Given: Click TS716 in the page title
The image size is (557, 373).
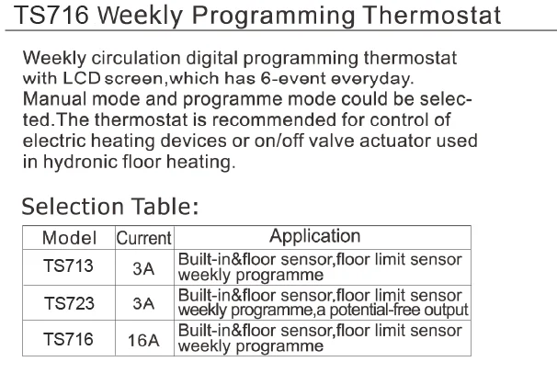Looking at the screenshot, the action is [51, 15].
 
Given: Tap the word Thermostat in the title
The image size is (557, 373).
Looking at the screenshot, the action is [432, 15].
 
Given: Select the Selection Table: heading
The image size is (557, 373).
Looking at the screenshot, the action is [109, 207].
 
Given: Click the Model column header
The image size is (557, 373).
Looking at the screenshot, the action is [69, 238].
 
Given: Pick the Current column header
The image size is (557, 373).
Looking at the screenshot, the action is [144, 238].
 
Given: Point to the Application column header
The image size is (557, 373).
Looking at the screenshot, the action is [314, 236].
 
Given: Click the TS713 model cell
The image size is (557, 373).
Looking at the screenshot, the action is [68, 266].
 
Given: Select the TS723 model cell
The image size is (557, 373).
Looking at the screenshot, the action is [69, 303].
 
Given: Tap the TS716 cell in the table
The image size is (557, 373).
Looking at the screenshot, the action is [68, 339].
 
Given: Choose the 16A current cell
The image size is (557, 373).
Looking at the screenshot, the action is [143, 340].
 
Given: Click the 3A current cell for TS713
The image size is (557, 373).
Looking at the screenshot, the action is [143, 268].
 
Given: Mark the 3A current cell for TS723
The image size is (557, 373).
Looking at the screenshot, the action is [143, 303].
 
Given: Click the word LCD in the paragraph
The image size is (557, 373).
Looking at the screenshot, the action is [82, 78].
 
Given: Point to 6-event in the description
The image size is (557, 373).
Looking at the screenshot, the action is [293, 78].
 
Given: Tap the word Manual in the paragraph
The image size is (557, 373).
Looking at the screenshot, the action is [55, 99].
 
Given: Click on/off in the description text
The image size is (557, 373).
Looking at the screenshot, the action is [279, 141].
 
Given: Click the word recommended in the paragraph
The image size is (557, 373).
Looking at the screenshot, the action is [274, 119].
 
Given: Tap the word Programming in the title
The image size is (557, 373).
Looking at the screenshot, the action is [274, 17].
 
